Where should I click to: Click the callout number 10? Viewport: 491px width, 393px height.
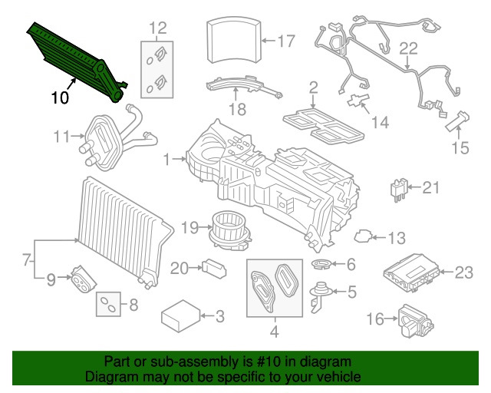[x=61, y=97]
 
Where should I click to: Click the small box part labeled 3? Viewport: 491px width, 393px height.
[x=180, y=315]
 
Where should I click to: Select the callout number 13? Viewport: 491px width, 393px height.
[x=395, y=239]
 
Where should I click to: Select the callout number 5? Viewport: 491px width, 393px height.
[x=351, y=292]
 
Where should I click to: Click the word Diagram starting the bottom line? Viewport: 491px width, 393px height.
[x=109, y=378]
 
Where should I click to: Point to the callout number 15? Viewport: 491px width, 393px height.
[x=459, y=146]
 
